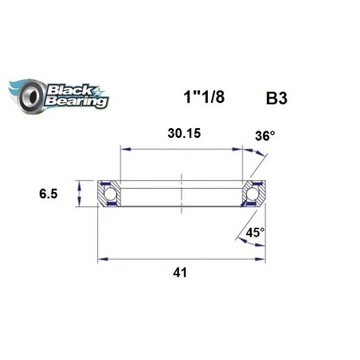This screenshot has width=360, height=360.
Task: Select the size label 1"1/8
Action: (194, 102)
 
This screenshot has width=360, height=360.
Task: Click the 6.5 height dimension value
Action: (49, 192)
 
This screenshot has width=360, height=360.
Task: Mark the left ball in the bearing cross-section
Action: (108, 194)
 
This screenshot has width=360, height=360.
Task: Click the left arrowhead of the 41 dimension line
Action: (101, 258)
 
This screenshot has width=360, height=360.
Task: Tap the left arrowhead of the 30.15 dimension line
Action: (123, 147)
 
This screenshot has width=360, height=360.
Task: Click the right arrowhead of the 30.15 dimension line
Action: (240, 147)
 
